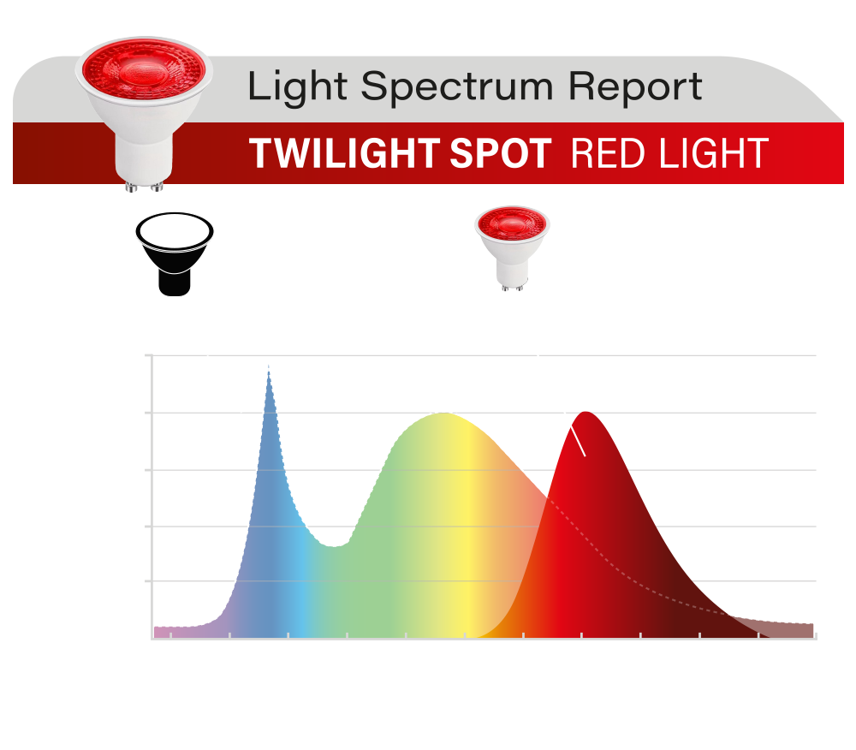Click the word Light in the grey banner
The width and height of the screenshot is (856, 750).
298,87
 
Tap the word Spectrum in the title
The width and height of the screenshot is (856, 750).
457,88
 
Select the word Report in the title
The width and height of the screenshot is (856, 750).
635,87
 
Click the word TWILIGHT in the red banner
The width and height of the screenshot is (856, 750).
344,153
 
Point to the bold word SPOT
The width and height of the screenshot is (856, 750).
501,153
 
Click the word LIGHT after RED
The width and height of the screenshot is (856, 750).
714,153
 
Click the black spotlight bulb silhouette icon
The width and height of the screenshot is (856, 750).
175,253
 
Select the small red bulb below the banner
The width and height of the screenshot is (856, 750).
512,247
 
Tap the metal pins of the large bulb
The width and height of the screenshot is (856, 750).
144,187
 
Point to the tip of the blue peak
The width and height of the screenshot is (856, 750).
269,372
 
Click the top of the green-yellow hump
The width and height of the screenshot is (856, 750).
443,414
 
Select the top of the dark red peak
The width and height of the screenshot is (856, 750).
586,413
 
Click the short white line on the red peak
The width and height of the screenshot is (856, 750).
578,441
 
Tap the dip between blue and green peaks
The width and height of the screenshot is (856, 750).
334,546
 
